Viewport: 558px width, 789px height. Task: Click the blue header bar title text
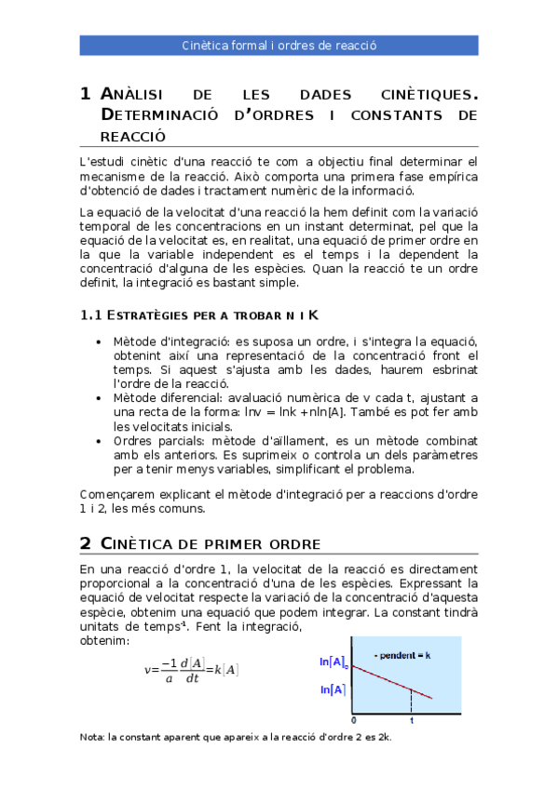pos(279,45)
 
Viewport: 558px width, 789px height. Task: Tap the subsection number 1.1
pos(91,315)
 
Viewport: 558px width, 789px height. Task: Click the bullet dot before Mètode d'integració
pos(100,342)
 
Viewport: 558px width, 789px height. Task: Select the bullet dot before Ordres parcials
pos(100,440)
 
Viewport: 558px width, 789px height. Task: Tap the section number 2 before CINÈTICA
pos(86,542)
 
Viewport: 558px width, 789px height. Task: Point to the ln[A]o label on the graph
pos(334,662)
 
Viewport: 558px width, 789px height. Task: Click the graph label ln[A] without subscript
pos(333,689)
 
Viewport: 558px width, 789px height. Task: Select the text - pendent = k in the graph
pos(402,655)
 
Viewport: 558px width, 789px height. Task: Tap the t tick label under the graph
pos(411,721)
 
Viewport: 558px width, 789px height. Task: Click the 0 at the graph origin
pos(353,721)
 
